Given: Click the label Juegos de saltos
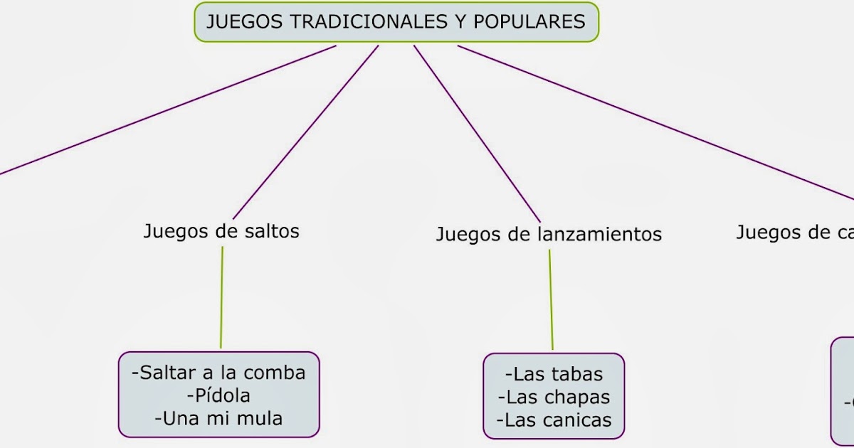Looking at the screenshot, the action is pos(221,231).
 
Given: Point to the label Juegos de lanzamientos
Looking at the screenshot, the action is pos(549,234).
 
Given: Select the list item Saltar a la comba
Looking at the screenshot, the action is pos(218,372).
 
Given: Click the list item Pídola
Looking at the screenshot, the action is pos(218,395).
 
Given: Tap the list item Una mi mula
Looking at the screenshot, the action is pos(218,418).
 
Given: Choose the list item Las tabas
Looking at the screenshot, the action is pos(554,374).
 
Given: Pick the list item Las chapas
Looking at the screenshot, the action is pos(554,397).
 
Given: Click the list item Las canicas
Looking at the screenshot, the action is pos(554,420).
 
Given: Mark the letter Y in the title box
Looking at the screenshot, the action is pos(462,21).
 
